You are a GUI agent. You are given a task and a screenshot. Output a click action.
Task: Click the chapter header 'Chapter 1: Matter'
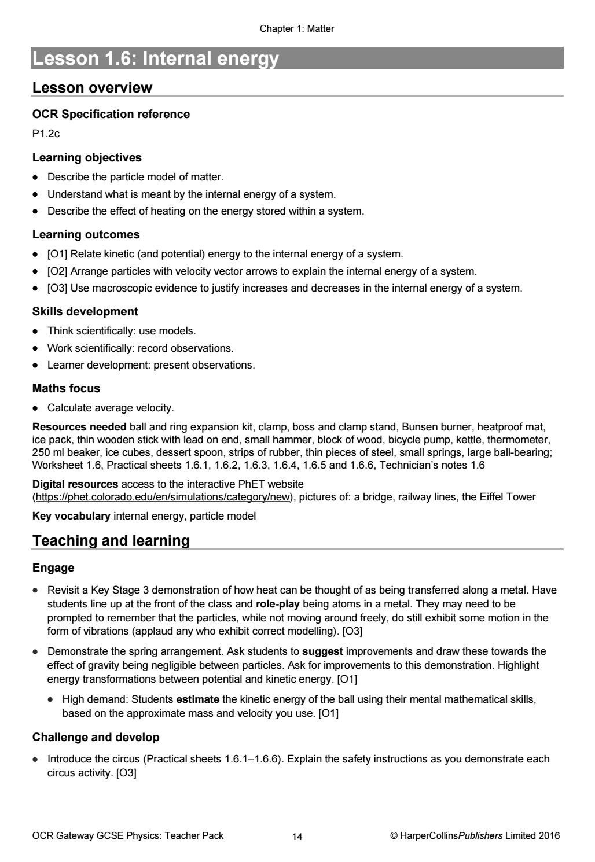[x=297, y=28]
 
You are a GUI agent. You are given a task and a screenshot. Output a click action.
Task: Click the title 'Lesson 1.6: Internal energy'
[x=156, y=58]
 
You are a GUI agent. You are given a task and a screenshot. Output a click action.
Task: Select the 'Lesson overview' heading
[x=92, y=88]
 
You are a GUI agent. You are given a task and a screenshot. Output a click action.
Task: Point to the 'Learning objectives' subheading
[x=87, y=157]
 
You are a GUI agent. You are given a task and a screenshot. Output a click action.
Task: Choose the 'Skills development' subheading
[x=85, y=311]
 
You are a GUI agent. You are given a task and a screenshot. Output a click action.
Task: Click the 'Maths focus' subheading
[x=66, y=388]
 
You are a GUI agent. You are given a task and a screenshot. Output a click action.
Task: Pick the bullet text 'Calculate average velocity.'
[x=111, y=408]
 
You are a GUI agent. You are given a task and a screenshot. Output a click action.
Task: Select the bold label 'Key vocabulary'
[x=71, y=515]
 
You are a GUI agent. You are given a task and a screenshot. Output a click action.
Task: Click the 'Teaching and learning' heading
[x=111, y=541]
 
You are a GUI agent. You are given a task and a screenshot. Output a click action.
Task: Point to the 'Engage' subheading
[x=53, y=568]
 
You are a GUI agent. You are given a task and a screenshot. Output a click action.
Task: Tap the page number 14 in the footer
[x=297, y=836]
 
